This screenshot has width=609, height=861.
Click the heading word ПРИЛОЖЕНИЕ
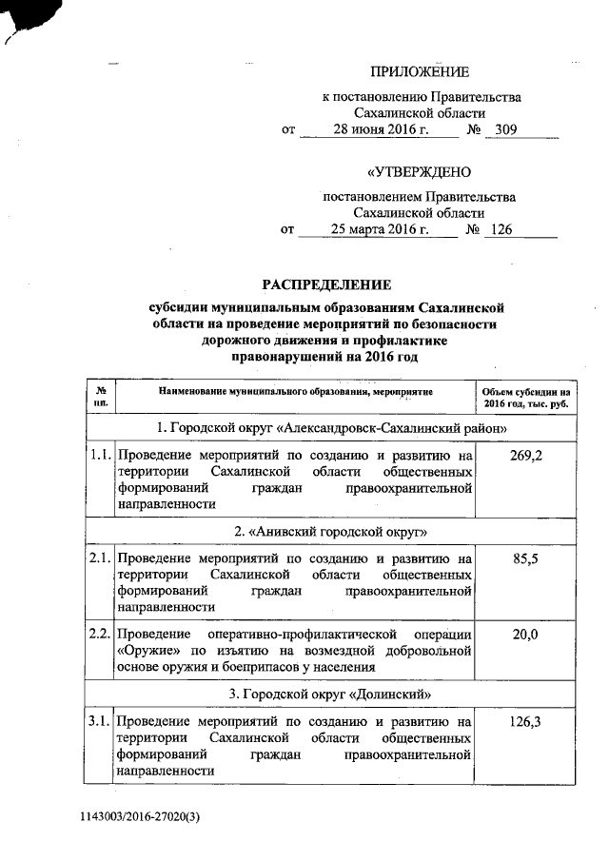(420, 72)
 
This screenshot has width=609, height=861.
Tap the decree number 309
(501, 130)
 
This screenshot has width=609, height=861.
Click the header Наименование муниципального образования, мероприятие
(295, 391)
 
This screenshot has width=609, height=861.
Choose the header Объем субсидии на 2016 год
(525, 397)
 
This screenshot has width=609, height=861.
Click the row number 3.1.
(100, 723)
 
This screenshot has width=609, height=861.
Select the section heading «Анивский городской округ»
(324, 529)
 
